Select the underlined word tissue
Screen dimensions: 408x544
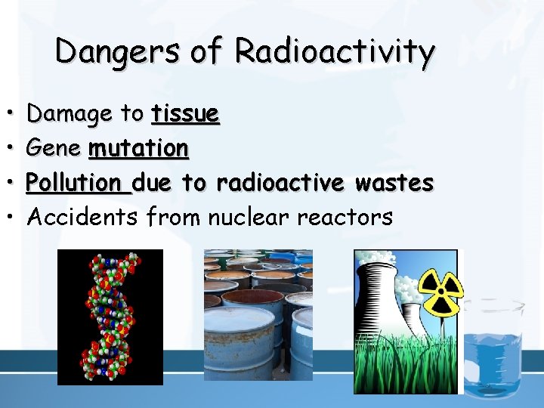(x=185, y=114)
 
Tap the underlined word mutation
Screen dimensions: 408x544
(x=138, y=148)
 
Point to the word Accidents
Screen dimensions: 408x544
(x=83, y=218)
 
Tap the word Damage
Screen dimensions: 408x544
(x=73, y=115)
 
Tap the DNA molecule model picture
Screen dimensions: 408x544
(x=110, y=317)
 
